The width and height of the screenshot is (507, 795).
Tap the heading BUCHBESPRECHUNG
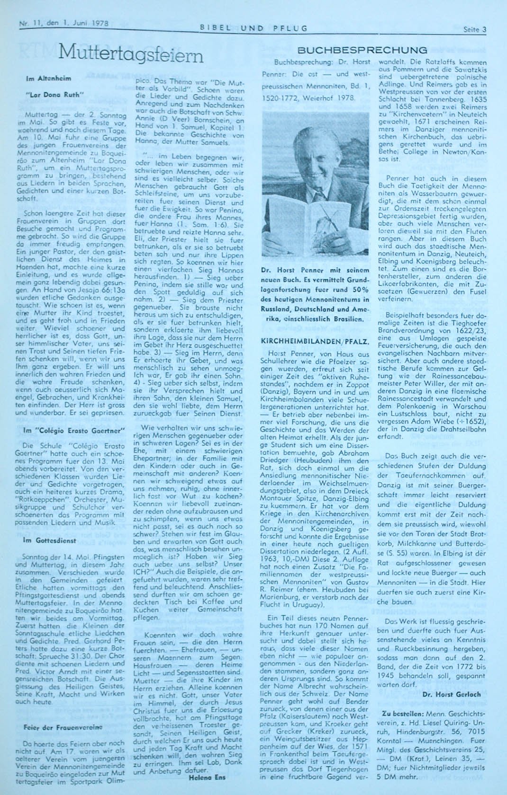pyautogui.click(x=362, y=50)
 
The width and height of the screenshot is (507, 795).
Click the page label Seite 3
pyautogui.click(x=475, y=29)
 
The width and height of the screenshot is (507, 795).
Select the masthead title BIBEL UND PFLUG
pyautogui.click(x=254, y=28)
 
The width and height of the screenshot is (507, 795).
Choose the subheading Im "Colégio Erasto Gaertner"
pyautogui.click(x=74, y=430)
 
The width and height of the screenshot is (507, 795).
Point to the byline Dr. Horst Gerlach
pyautogui.click(x=452, y=694)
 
